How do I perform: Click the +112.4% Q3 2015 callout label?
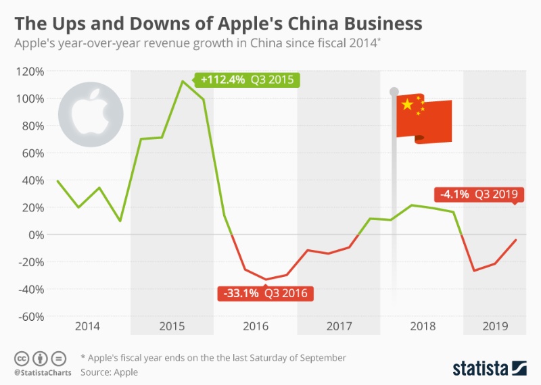coord(247,80)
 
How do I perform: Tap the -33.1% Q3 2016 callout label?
coord(265,294)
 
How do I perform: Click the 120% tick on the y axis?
coord(30,71)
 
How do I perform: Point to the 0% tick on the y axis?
coord(35,234)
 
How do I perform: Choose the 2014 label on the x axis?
coord(88,326)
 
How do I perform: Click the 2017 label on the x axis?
coord(339,326)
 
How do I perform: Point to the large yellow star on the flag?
coord(407,105)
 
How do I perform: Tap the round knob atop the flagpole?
coord(394,91)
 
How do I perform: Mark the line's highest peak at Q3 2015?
coord(183,81)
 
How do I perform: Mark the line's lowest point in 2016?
coord(266,279)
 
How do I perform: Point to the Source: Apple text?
coord(110,371)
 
